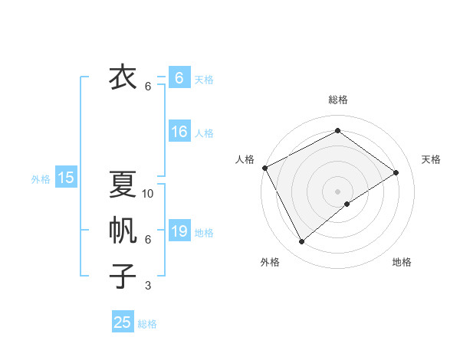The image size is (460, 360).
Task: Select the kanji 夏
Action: [123, 185]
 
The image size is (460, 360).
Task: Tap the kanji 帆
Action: [123, 231]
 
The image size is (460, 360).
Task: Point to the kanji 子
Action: [123, 277]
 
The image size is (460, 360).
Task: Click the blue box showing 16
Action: [179, 132]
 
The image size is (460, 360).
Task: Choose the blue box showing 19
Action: [179, 231]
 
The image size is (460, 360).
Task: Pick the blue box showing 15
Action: [66, 178]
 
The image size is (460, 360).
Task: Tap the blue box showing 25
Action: [123, 322]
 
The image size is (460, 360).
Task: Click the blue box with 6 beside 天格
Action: [179, 78]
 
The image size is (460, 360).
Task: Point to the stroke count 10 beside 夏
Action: [149, 194]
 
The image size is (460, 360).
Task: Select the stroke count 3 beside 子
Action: [148, 286]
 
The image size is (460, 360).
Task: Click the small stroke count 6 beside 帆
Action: [148, 240]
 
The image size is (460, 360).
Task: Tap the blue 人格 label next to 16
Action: [204, 133]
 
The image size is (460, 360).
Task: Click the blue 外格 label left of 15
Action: [41, 179]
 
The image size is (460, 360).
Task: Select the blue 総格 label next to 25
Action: [147, 324]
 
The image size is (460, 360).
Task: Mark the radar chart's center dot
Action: [337, 191]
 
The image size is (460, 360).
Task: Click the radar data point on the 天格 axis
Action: [396, 172]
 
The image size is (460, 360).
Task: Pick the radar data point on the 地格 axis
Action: [348, 204]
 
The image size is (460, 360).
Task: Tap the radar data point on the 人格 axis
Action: [264, 168]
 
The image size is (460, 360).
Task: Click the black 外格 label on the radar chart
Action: [270, 263]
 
